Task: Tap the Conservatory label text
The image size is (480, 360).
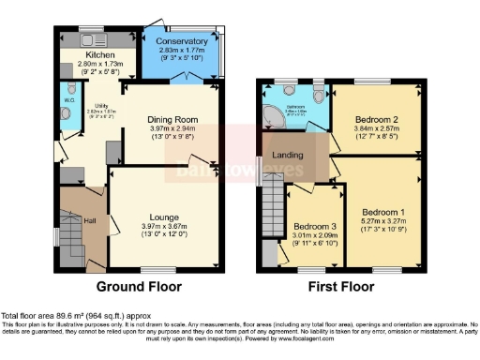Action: [181, 40]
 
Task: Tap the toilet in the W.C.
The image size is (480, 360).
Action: [66, 115]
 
